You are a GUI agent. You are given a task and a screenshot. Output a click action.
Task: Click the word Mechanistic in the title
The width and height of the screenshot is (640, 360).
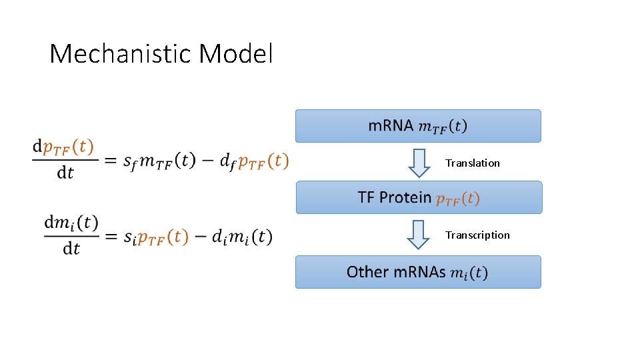click(x=121, y=54)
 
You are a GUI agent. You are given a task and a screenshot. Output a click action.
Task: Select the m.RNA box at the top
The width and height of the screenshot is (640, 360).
click(x=418, y=126)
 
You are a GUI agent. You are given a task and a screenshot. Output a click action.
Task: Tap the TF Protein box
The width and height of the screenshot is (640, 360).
click(x=419, y=197)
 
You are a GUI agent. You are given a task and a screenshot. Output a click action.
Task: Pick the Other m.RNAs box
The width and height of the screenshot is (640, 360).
click(x=418, y=272)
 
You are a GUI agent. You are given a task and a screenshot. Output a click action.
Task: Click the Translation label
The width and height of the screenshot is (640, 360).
click(x=473, y=163)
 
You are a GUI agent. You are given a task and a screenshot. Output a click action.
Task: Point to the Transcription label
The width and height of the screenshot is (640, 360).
click(x=477, y=235)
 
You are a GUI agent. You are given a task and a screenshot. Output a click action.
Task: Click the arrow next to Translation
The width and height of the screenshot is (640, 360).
click(x=419, y=163)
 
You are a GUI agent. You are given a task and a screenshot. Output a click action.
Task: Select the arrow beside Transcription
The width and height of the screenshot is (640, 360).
click(x=419, y=235)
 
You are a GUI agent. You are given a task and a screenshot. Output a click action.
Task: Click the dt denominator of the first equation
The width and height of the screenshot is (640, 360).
click(x=65, y=174)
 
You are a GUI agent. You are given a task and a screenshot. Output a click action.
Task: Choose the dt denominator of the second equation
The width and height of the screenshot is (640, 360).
click(x=71, y=249)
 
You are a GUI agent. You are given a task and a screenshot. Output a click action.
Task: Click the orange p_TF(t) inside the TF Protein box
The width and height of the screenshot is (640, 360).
click(x=457, y=198)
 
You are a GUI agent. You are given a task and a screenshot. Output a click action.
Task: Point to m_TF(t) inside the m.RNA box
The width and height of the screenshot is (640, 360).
click(x=443, y=126)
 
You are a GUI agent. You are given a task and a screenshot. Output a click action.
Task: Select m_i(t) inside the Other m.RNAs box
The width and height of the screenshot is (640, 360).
click(x=469, y=273)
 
